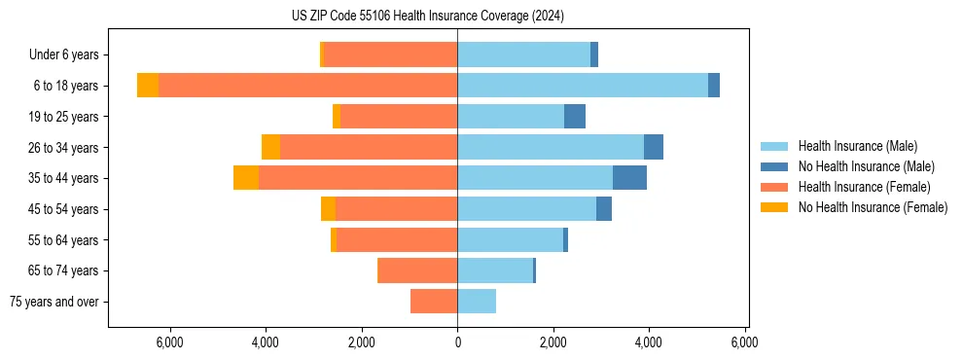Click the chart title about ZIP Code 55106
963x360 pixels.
(428, 16)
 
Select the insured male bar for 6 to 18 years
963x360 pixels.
(582, 86)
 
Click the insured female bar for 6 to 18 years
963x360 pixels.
(307, 86)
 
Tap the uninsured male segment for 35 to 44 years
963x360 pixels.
(629, 178)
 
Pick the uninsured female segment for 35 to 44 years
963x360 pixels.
(246, 178)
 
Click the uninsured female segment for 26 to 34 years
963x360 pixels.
(270, 147)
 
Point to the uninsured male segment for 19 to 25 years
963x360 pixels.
(575, 117)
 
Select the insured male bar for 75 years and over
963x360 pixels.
(477, 302)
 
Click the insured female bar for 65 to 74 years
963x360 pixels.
(418, 270)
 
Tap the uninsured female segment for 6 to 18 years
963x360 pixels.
(148, 86)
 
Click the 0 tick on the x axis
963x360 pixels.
(457, 342)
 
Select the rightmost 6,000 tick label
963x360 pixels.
(744, 342)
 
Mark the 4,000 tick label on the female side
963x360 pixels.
(266, 342)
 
